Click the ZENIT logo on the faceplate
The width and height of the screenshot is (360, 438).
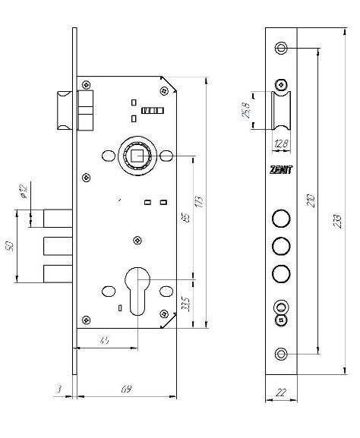[x=281, y=170]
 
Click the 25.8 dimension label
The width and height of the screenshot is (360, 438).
[x=246, y=110]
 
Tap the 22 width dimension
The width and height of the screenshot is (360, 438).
[x=281, y=392]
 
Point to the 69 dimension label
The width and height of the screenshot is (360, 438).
[x=126, y=389]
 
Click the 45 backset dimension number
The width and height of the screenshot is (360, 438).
[x=104, y=341]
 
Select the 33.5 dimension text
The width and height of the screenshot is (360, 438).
[x=186, y=304]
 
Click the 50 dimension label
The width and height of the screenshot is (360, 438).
[x=10, y=247]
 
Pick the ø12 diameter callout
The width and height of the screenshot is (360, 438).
[x=24, y=191]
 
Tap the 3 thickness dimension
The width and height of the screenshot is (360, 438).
[x=59, y=389]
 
